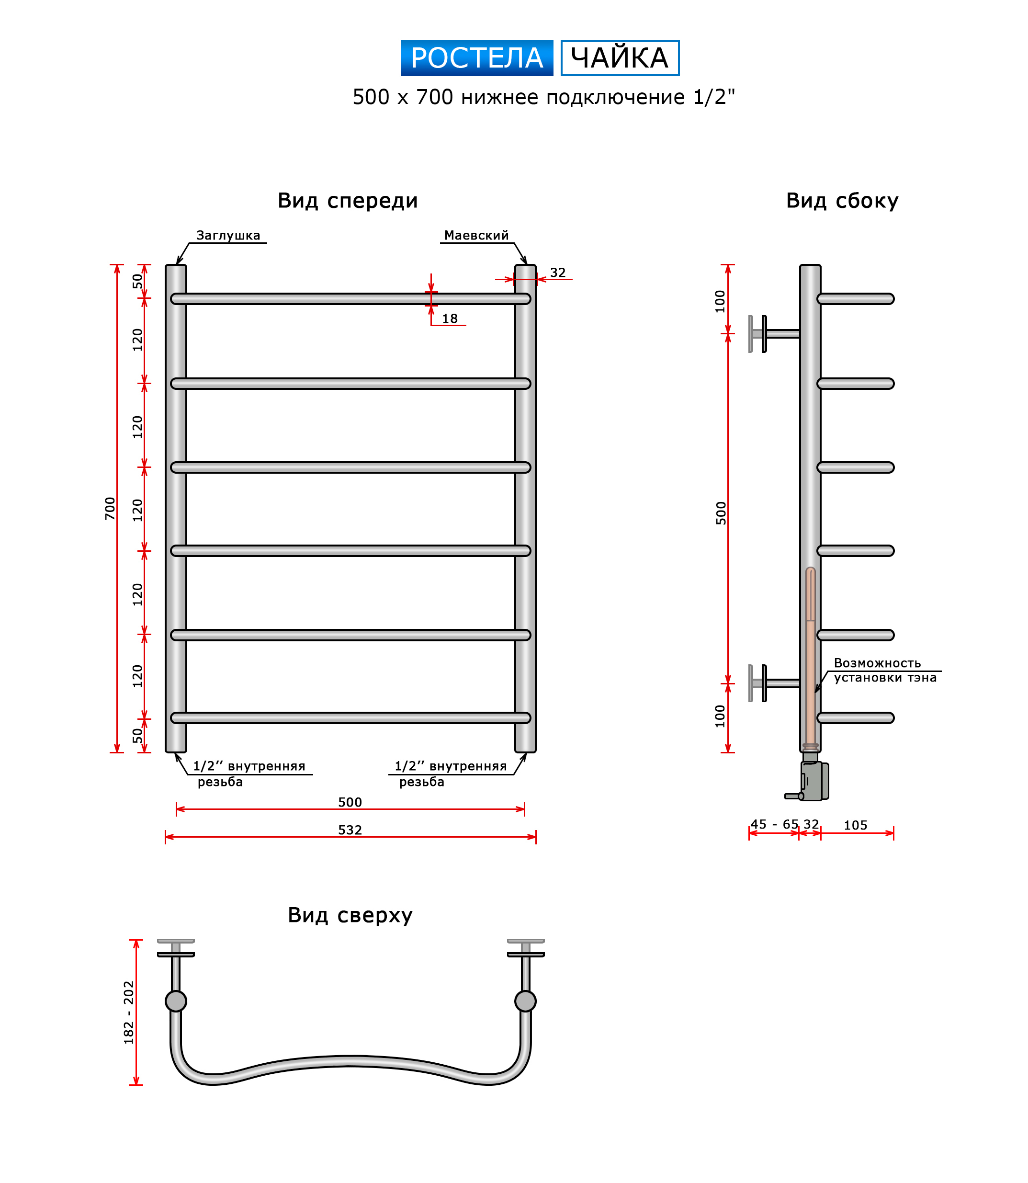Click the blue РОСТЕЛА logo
(x=477, y=58)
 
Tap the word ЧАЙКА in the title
(x=620, y=58)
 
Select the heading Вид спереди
(x=348, y=201)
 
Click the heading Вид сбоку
(x=842, y=201)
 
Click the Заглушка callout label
(x=228, y=235)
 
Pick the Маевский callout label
(x=476, y=235)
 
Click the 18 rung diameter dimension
(x=450, y=318)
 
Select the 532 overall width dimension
(x=350, y=830)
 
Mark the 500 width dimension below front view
(x=350, y=802)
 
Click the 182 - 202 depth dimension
(x=128, y=1012)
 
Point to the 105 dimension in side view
(x=855, y=825)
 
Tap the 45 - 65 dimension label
(x=774, y=824)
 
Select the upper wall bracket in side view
(x=774, y=334)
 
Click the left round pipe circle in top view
(x=176, y=1001)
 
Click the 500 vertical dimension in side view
(x=721, y=513)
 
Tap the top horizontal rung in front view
(x=350, y=299)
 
